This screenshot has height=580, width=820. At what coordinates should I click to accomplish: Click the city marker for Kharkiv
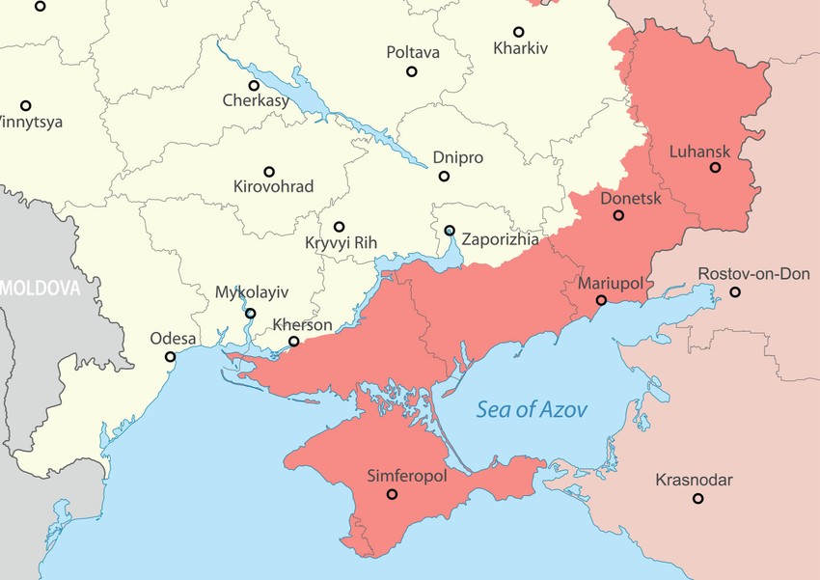pos(518,32)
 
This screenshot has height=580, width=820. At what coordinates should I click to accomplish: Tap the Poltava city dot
pos(412,71)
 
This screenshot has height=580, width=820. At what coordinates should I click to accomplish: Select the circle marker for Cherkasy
pos(254,85)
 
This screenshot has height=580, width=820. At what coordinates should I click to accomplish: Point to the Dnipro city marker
pos(444,176)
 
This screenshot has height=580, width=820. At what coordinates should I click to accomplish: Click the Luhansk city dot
pos(715,167)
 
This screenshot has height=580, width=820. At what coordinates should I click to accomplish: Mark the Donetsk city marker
pos(618,215)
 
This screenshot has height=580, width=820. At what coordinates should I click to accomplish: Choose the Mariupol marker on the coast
pos(599,300)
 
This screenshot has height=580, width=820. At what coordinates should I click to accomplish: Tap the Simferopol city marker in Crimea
pos(392,494)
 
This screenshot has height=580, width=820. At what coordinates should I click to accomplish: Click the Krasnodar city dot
pos(697,498)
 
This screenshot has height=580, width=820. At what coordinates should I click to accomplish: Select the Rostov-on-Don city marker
pos(735,291)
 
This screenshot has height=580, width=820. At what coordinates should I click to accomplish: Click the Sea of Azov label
pos(532,409)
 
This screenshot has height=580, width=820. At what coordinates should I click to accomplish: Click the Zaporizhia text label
pos(500,239)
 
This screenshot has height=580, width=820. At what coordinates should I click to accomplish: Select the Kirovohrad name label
pos(273,186)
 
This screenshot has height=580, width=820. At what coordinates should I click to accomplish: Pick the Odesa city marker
pos(171,356)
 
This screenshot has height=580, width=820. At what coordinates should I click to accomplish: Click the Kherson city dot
pos(294,341)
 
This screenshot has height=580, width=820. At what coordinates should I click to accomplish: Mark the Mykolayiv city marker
pos(251,313)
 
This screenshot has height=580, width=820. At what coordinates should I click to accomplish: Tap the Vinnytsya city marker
pos(26,105)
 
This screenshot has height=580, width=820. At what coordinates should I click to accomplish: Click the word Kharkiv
pos(520,47)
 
